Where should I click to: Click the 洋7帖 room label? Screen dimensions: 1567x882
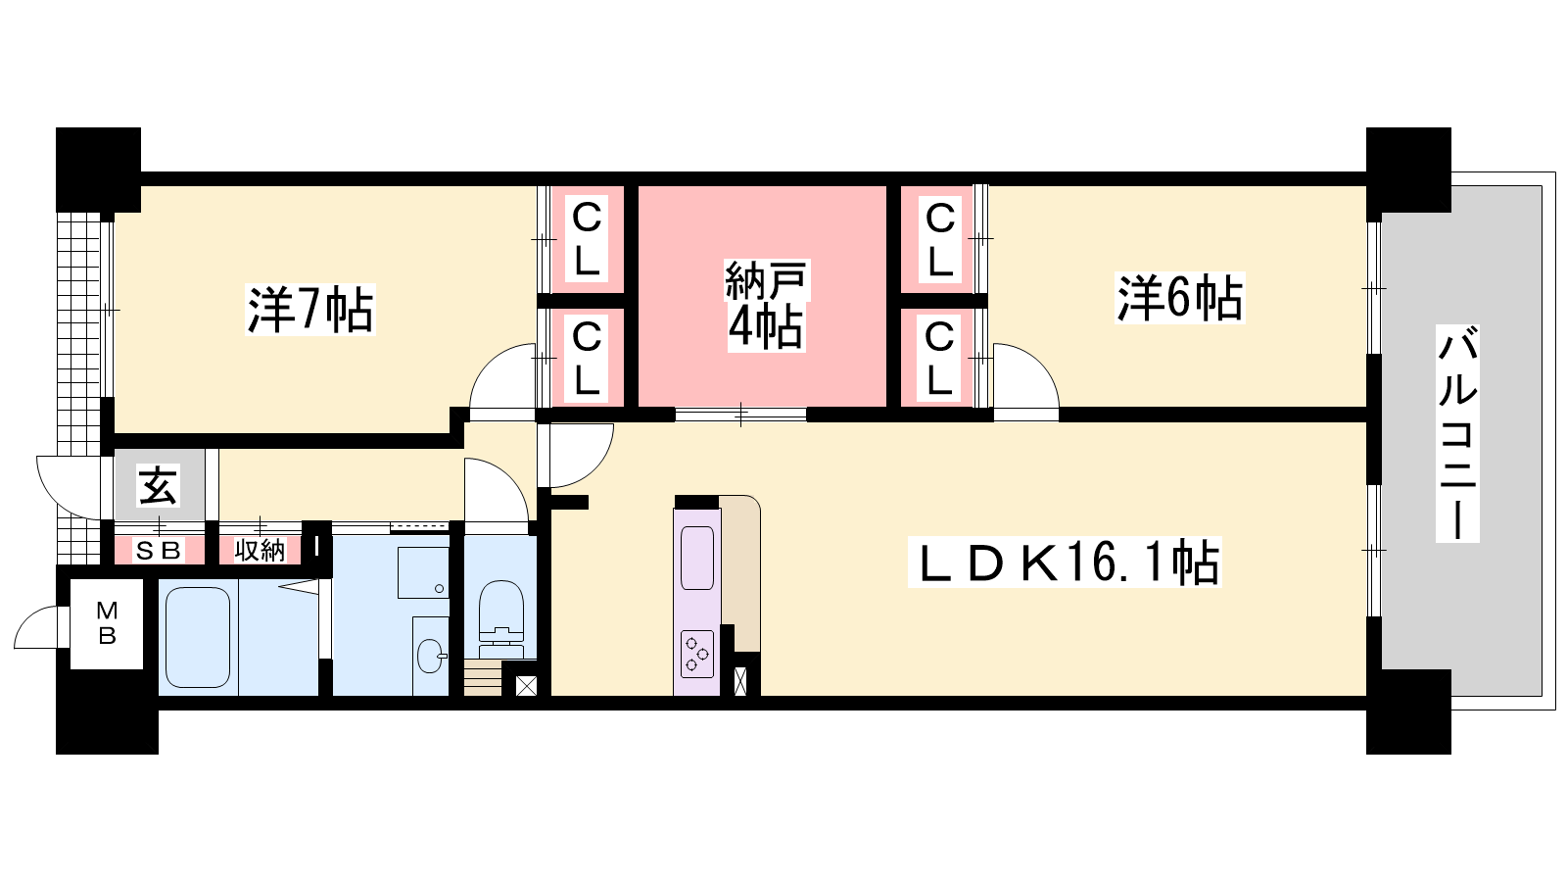tap(309, 310)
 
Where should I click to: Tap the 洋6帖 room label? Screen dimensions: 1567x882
tap(1179, 298)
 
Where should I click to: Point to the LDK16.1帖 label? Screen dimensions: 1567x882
tap(1065, 562)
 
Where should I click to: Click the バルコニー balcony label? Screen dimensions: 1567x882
tap(1457, 433)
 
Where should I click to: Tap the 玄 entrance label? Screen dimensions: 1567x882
tap(158, 486)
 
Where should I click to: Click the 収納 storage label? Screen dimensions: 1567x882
tap(260, 551)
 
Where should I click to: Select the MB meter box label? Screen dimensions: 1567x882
tap(107, 623)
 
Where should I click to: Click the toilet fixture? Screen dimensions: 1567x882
tap(500, 611)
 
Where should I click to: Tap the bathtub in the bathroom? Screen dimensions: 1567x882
tap(198, 637)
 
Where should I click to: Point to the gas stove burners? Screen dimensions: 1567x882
tap(696, 654)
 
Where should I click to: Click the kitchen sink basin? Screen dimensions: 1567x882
tap(697, 558)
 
